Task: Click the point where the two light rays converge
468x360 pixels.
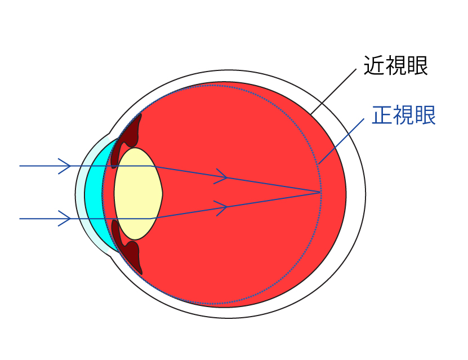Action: [x=320, y=193]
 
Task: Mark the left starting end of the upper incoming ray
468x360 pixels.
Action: [x=20, y=166]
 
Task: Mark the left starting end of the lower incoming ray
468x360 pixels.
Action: [x=20, y=219]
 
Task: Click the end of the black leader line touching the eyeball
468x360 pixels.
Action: [x=311, y=114]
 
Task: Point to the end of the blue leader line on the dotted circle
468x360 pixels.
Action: [x=319, y=164]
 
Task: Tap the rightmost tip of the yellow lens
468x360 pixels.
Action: [x=163, y=194]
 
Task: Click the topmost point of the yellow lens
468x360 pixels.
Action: [x=135, y=148]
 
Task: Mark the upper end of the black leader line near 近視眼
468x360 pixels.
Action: [x=356, y=69]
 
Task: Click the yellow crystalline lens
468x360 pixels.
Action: [x=138, y=194]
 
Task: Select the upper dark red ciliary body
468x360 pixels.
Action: [x=127, y=140]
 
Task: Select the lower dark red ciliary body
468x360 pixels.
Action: [x=127, y=247]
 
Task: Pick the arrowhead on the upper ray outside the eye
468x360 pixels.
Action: [x=64, y=166]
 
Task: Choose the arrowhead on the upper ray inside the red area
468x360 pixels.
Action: [x=221, y=176]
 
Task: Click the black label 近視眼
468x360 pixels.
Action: [x=396, y=65]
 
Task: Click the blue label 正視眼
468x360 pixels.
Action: [x=404, y=115]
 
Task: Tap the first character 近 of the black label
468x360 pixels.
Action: [x=375, y=65]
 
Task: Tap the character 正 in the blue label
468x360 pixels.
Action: [x=382, y=115]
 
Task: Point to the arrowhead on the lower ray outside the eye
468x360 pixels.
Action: [x=64, y=219]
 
